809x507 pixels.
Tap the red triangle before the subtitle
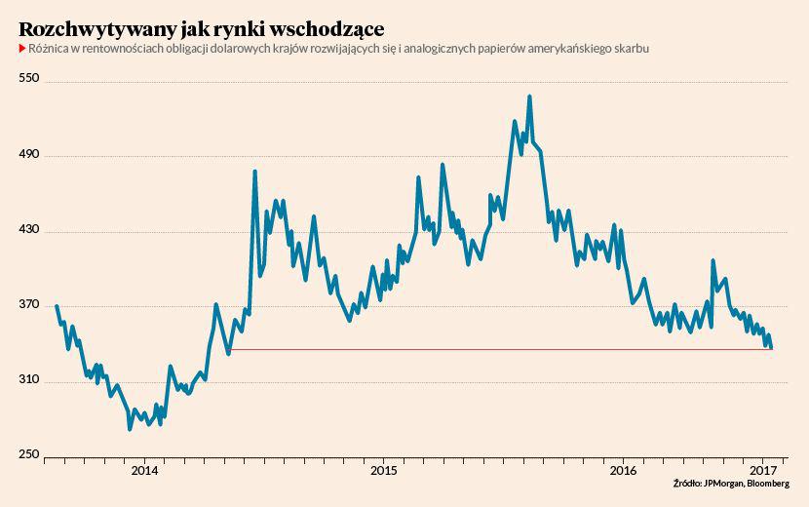pyautogui.click(x=21, y=48)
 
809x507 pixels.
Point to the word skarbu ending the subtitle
pyautogui.click(x=631, y=48)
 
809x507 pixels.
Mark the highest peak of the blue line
pyautogui.click(x=529, y=97)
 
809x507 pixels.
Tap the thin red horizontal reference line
pyautogui.click(x=487, y=349)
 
